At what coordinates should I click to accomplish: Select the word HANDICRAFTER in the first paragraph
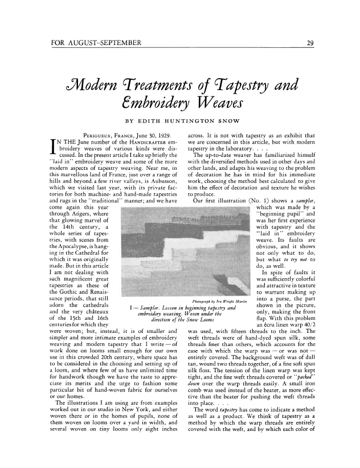click(x=134, y=140)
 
